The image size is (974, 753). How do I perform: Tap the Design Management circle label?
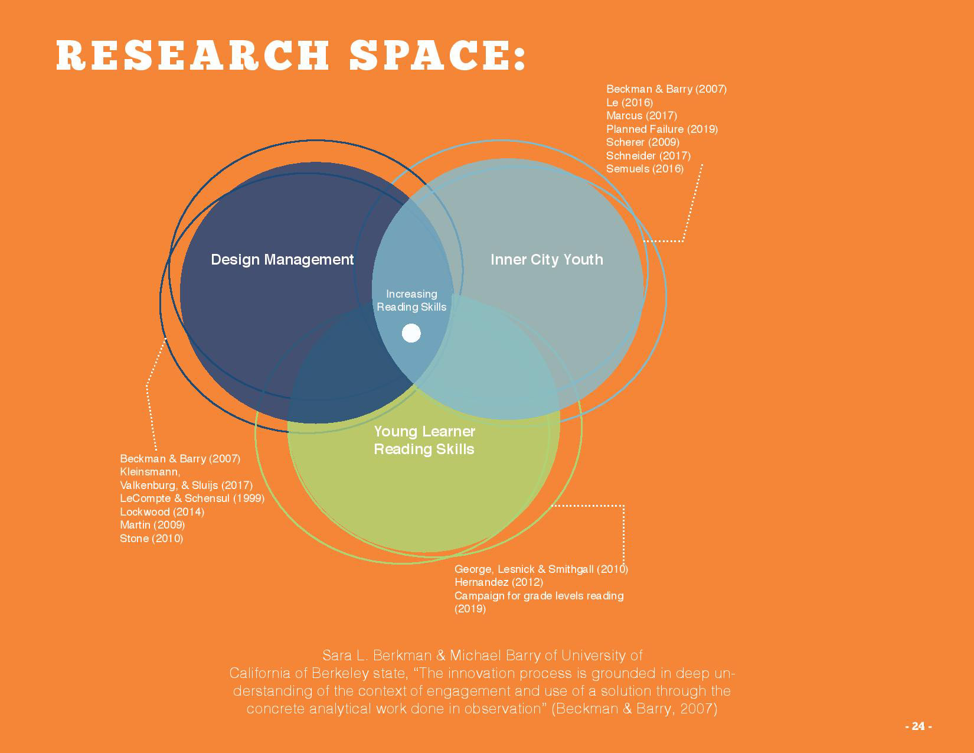282,259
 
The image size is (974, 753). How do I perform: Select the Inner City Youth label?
547,259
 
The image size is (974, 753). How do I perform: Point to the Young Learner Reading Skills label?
424,440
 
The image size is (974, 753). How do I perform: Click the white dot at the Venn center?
411,333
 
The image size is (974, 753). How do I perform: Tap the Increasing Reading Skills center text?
411,300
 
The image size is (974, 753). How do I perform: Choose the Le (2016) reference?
629,102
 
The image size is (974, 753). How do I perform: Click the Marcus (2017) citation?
641,116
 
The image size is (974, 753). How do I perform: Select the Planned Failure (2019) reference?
662,129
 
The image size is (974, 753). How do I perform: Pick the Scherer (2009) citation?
642,142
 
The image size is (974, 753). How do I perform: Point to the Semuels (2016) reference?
645,169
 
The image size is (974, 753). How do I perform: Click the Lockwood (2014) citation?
162,511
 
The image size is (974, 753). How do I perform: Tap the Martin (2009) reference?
152,525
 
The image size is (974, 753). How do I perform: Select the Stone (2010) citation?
151,538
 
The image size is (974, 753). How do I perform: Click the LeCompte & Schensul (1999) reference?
192,498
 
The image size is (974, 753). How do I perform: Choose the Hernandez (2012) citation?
498,582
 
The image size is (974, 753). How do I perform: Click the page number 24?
918,726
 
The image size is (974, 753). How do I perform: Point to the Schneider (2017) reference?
648,155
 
